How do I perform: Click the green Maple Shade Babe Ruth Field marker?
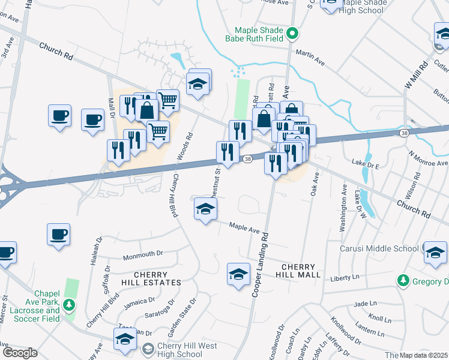click(x=292, y=33)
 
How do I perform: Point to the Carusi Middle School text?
click(x=379, y=248)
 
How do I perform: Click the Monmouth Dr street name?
click(x=143, y=254)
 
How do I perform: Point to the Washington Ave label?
click(x=343, y=208)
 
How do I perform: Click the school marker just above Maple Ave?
click(x=205, y=209)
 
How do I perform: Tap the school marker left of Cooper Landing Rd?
click(x=238, y=274)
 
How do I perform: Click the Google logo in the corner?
click(x=19, y=353)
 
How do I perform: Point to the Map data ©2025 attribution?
click(x=424, y=355)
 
